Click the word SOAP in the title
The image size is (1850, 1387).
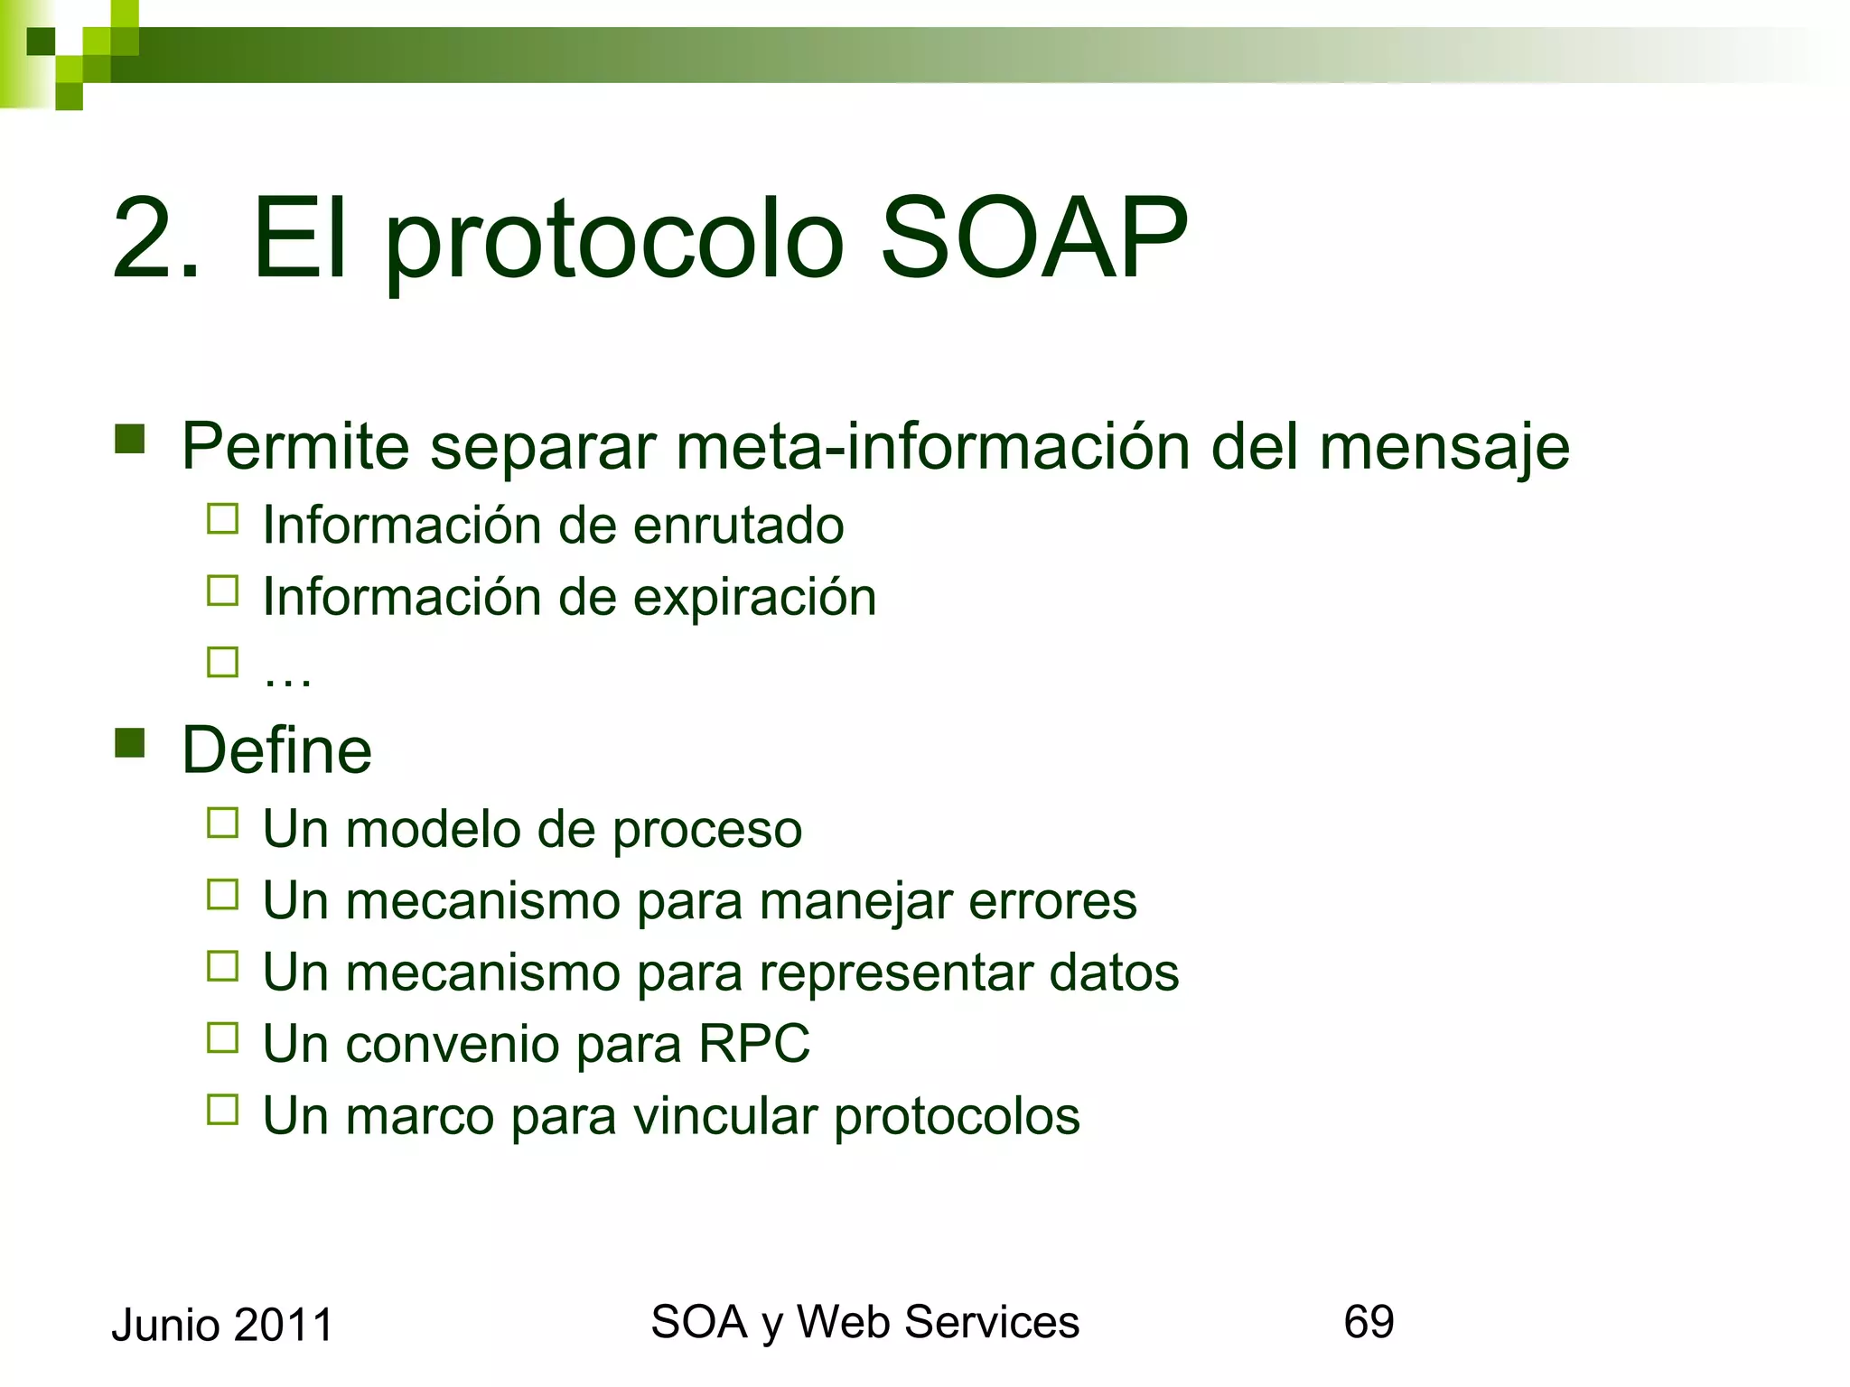[x=1033, y=239]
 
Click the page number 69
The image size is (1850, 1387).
[x=1369, y=1322]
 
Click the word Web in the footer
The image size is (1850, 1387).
[x=844, y=1322]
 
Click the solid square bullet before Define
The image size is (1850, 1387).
[x=130, y=743]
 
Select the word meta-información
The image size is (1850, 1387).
[x=932, y=446]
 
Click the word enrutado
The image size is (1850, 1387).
[x=738, y=526]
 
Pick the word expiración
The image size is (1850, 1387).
[x=754, y=598]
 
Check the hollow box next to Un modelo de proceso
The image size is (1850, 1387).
[x=222, y=824]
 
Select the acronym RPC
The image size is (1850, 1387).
[x=753, y=1044]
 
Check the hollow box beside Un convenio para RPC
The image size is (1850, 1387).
[x=222, y=1038]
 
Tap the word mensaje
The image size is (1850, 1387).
[x=1444, y=448]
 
